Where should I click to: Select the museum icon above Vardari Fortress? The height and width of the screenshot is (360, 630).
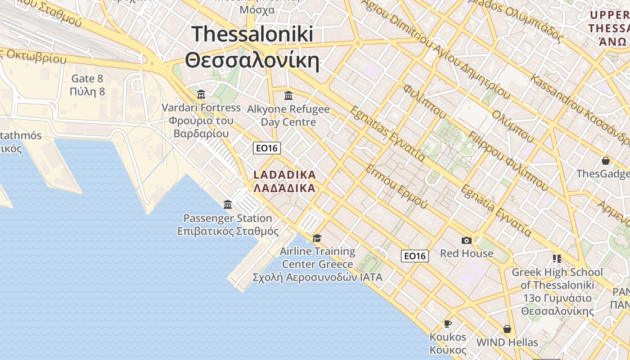tap(201, 94)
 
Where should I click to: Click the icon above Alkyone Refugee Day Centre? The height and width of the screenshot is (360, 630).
tap(288, 96)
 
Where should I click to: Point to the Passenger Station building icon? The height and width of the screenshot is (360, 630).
tap(228, 204)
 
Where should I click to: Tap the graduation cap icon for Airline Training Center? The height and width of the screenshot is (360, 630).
tap(317, 238)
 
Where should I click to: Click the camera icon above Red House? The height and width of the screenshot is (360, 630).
tap(467, 241)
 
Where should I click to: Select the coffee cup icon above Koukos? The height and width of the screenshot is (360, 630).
tap(448, 324)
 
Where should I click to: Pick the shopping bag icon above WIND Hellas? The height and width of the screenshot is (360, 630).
tap(507, 329)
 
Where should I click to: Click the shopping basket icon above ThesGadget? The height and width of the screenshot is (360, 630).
tap(606, 161)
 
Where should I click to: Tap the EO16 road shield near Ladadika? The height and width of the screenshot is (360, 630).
tap(267, 148)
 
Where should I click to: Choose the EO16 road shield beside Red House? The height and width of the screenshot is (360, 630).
tap(414, 256)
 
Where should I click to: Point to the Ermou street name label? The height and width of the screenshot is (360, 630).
tap(396, 187)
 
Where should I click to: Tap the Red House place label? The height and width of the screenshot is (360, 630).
tap(467, 253)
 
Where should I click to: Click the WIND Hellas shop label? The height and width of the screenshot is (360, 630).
tap(507, 342)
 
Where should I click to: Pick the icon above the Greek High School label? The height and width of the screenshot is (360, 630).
tap(557, 259)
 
